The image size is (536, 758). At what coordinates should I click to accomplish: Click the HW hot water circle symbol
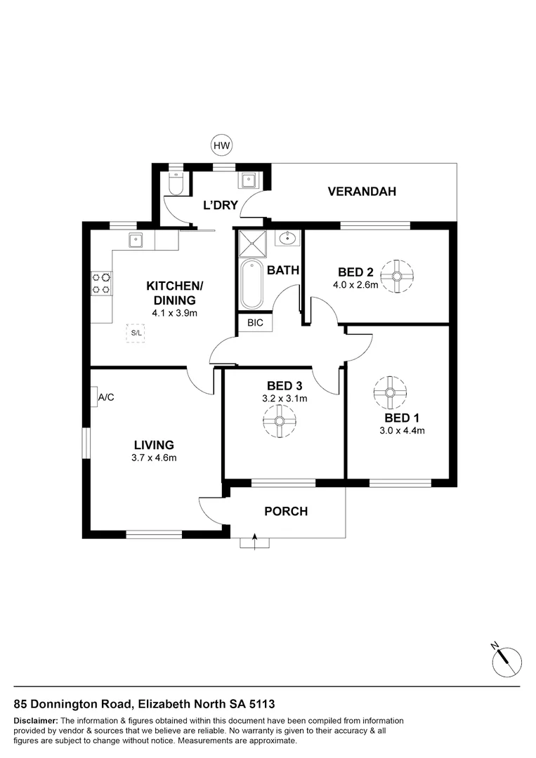(x=221, y=145)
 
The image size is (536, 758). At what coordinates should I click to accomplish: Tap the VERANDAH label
(x=362, y=192)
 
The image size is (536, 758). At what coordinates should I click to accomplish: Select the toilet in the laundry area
(x=176, y=184)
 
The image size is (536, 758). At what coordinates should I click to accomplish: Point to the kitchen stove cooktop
(x=102, y=284)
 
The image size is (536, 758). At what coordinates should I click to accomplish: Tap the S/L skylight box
(x=136, y=333)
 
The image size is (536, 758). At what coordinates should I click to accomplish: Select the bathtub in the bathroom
(x=251, y=284)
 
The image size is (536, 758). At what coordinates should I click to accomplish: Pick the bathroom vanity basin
(x=288, y=238)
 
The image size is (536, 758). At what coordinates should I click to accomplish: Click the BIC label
(x=255, y=322)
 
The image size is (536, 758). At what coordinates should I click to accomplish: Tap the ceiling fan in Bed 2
(x=397, y=276)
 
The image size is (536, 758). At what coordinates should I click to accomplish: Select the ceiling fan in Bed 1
(x=390, y=392)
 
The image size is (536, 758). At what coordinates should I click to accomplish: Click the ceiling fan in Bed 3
(x=279, y=421)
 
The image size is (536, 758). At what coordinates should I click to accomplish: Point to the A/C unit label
(x=106, y=397)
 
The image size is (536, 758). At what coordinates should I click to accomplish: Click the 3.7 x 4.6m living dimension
(x=154, y=458)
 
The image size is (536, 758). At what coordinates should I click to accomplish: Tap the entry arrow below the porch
(x=254, y=541)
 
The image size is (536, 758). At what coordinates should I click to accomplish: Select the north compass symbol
(x=506, y=661)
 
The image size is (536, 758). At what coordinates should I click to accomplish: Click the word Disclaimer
(x=36, y=721)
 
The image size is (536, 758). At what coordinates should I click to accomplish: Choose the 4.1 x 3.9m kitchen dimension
(x=175, y=313)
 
